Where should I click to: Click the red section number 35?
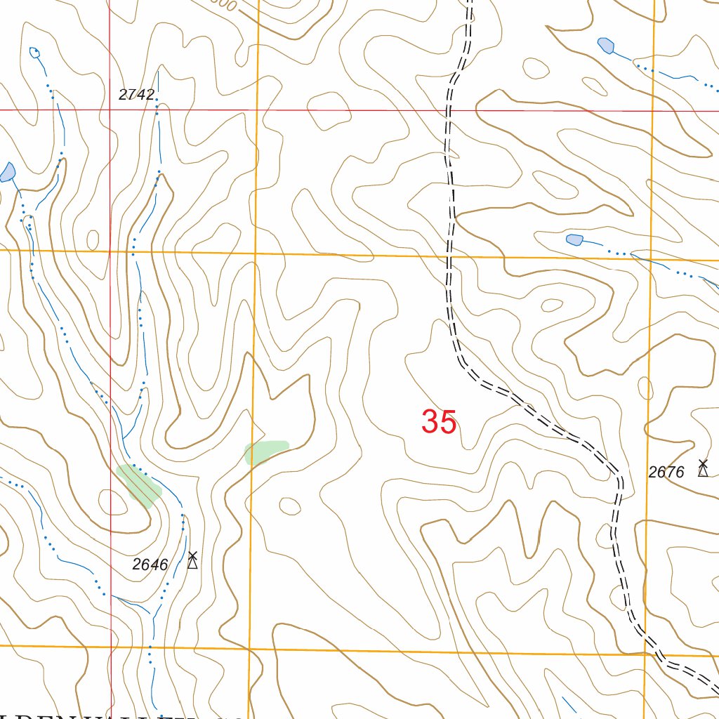pyautogui.click(x=440, y=423)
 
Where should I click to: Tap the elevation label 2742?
pyautogui.click(x=136, y=95)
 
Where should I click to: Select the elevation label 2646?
pyautogui.click(x=150, y=565)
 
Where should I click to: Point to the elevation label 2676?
pyautogui.click(x=666, y=473)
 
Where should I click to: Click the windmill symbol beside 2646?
pyautogui.click(x=192, y=560)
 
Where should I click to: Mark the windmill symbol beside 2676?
pyautogui.click(x=702, y=468)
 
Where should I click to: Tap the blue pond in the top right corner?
pyautogui.click(x=606, y=46)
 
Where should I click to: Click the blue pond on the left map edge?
pyautogui.click(x=8, y=172)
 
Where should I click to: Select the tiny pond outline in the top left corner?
pyautogui.click(x=34, y=52)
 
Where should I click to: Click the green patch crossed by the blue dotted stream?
pyautogui.click(x=139, y=484)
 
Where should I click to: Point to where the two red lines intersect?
pyautogui.click(x=110, y=110)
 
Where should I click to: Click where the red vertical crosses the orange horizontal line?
pyautogui.click(x=110, y=250)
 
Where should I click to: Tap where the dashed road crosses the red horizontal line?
pyautogui.click(x=449, y=110)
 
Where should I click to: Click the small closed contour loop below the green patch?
pyautogui.click(x=289, y=505)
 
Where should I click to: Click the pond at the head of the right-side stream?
pyautogui.click(x=574, y=240)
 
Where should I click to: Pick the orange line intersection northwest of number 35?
pyautogui.click(x=256, y=253)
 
